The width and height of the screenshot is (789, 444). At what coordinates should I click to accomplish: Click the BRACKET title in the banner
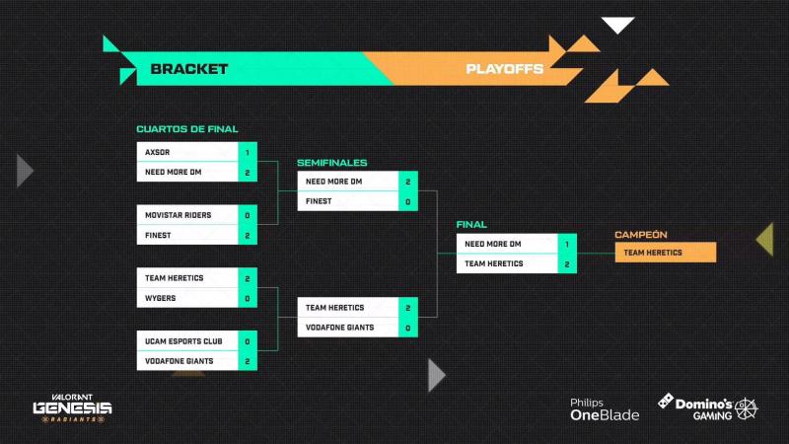coord(189,69)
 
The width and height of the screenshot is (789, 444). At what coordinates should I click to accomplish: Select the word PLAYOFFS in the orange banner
coord(504,69)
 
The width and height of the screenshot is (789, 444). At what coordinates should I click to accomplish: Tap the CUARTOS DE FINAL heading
coord(187,129)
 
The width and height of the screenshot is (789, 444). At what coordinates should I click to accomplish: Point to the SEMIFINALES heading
coord(332,163)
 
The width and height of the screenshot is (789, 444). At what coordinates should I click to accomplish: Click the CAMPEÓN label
coord(640,235)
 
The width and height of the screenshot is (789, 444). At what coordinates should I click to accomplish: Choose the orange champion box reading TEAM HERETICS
coord(665,253)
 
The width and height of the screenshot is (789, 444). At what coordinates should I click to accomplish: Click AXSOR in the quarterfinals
coord(158,152)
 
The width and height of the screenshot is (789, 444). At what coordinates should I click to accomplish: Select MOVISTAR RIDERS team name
coord(179,215)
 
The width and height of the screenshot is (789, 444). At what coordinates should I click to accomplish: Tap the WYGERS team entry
coord(161,298)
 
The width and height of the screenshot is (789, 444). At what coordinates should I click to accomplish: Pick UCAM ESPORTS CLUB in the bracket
coord(183,341)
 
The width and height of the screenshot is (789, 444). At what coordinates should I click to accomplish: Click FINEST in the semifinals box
coord(319,201)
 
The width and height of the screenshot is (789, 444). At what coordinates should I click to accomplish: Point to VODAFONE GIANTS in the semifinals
coord(339,328)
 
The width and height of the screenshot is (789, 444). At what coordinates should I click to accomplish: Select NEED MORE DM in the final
coord(493,244)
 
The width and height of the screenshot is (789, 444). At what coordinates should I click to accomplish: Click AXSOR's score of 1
coord(248,152)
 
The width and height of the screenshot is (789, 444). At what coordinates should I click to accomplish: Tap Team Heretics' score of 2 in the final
coord(567,263)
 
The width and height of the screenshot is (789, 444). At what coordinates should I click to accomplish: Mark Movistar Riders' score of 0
coord(248,215)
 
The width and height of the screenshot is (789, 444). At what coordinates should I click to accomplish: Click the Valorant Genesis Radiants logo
coord(72,407)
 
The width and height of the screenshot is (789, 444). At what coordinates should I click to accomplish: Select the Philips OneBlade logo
coord(605,409)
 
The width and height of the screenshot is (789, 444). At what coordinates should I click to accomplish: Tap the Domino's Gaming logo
coord(707,407)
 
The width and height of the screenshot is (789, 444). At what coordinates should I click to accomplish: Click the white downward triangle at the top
coord(618,24)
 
